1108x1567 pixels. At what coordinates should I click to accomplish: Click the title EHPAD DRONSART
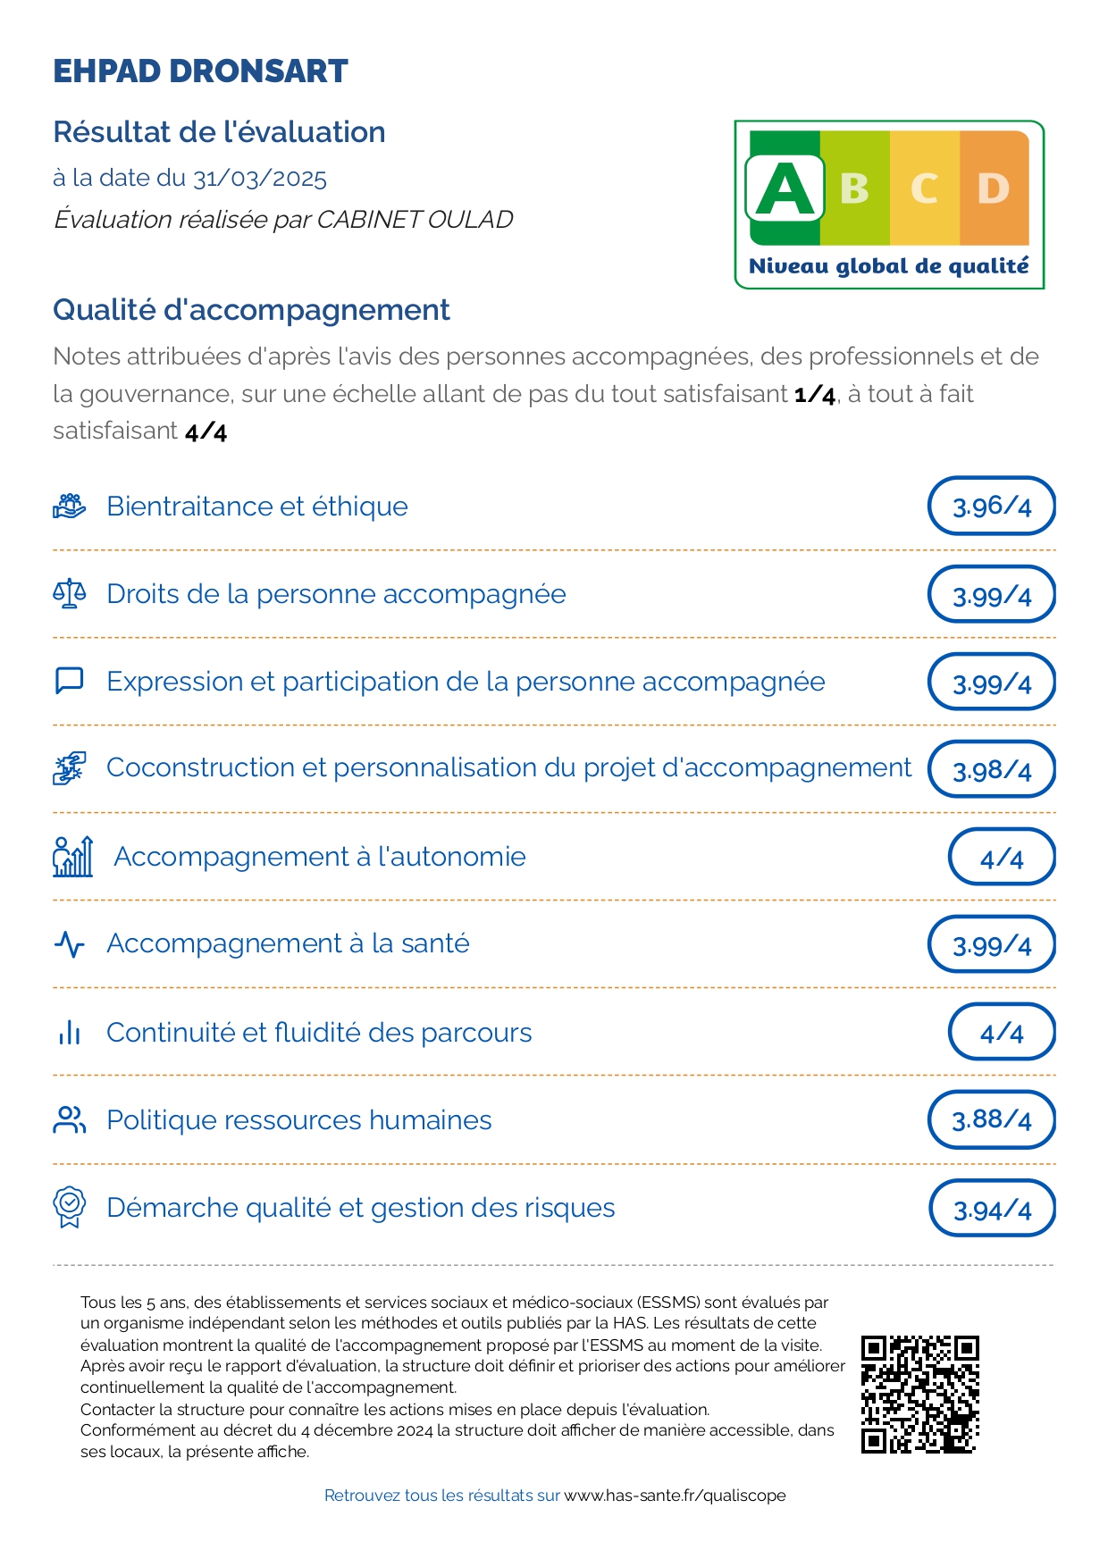200,71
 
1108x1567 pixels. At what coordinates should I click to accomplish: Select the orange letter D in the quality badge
994,189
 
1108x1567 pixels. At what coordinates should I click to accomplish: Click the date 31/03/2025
260,178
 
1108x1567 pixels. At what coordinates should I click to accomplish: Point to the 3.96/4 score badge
992,507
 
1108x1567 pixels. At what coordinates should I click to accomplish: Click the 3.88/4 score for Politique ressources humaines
992,1119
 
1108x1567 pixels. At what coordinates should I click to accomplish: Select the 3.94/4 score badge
992,1209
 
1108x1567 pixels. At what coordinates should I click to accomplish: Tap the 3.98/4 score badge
992,769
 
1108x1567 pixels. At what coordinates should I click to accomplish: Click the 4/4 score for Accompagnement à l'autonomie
1002,858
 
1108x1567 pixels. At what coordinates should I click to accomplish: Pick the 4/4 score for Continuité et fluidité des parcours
1002,1032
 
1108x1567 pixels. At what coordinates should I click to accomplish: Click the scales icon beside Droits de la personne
70,593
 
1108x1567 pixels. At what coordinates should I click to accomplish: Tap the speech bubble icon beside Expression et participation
70,681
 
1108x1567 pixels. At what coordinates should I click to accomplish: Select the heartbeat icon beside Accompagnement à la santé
70,944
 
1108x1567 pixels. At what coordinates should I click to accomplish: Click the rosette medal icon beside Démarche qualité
70,1207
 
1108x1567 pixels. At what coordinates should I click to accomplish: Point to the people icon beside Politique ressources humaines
70,1119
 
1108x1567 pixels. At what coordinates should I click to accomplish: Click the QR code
919,1394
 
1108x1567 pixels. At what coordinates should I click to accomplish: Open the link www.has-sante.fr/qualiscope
675,1496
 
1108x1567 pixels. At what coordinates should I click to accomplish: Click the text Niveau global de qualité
889,266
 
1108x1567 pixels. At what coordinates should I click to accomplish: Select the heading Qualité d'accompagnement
251,310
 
